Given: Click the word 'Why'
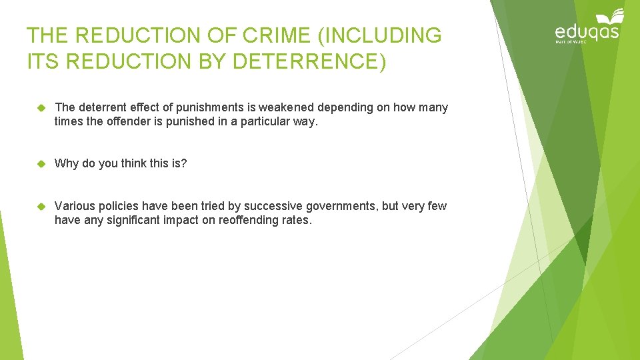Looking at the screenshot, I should click(x=67, y=163).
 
